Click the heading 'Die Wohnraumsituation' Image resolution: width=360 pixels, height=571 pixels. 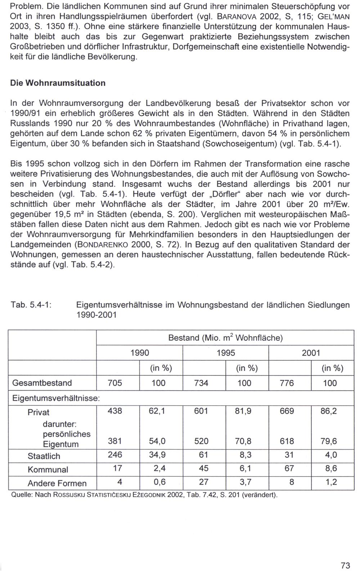58,83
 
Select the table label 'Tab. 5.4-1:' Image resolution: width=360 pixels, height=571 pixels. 32,305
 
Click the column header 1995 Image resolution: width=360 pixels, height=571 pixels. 226,353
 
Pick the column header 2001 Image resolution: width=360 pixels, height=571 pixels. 311,353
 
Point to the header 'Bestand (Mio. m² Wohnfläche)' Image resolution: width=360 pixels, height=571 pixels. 225,338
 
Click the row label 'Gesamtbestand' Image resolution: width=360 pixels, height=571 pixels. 42,383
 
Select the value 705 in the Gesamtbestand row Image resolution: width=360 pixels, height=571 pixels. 115,383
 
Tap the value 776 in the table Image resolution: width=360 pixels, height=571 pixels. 287,383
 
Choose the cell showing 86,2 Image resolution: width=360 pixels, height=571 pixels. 329,411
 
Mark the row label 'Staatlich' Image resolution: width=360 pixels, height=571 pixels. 44,456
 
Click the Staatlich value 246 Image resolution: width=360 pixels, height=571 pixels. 115,455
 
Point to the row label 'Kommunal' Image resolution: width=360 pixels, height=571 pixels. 48,470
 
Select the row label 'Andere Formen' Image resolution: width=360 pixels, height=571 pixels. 57,483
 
